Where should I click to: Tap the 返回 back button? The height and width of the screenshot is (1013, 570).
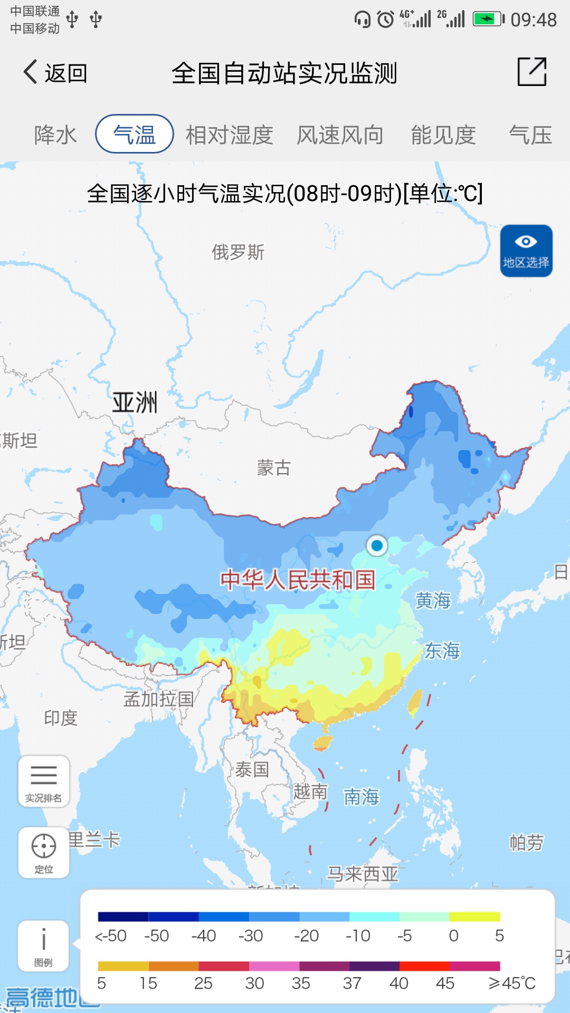55,73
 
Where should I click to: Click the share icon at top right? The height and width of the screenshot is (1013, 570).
531,72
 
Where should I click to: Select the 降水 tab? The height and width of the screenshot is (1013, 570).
55,135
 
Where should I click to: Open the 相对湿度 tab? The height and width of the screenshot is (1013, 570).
229,135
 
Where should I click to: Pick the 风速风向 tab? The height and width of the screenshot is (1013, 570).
340,135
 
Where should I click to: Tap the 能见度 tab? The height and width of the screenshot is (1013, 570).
443,135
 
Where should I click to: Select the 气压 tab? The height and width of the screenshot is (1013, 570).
530,135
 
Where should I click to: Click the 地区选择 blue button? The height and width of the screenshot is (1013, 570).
526,251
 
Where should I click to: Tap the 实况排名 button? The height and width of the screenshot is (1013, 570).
44,781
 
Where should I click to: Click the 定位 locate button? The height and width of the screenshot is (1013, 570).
44,852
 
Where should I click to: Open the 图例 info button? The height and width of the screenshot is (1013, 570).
44,945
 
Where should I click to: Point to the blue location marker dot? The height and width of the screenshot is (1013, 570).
377,546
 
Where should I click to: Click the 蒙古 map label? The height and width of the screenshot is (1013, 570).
273,467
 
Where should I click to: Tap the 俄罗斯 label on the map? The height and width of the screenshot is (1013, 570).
238,252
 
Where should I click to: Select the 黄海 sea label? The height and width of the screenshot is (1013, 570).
433,600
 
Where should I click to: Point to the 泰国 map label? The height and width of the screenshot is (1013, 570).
252,769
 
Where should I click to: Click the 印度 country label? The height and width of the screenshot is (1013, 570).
61,718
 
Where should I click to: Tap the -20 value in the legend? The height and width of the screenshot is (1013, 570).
306,936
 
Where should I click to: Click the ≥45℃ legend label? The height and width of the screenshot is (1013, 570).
511,983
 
